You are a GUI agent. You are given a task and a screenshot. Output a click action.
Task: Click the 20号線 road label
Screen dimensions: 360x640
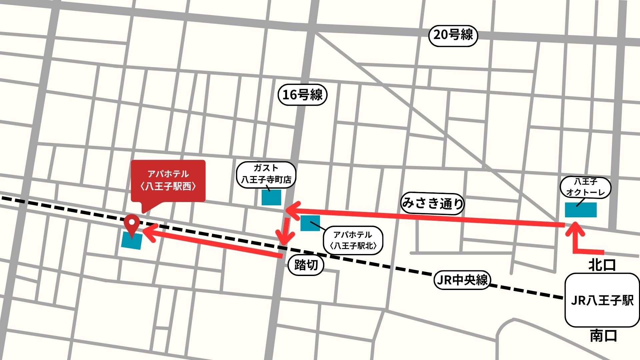453,35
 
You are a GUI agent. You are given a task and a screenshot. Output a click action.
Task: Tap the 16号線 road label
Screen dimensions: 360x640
302,95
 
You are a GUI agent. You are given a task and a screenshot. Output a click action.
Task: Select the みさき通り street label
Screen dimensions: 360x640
433,203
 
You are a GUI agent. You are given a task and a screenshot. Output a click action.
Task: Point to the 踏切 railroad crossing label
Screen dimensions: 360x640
306,265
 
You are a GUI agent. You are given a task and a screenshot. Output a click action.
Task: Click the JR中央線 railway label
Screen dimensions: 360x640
462,280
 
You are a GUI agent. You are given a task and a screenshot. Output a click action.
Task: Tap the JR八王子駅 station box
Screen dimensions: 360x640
602,300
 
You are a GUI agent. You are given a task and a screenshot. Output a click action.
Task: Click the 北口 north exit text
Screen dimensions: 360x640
602,265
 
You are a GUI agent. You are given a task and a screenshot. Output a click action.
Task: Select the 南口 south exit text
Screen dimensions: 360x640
603,336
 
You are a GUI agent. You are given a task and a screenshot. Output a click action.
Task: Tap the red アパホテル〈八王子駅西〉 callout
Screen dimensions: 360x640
168,180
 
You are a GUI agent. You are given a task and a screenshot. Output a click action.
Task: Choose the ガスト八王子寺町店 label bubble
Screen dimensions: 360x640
266,174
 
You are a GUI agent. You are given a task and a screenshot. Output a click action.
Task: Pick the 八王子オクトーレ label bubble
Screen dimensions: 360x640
585,187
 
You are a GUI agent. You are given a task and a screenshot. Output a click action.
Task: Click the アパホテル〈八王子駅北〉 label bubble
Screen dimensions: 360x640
353,240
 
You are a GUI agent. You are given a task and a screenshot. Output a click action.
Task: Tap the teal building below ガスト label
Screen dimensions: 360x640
271,197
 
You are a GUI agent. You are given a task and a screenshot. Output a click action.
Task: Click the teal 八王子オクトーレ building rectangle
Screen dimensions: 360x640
581,210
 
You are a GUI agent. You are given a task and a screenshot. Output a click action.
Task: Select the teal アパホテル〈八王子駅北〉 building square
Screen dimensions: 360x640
310,223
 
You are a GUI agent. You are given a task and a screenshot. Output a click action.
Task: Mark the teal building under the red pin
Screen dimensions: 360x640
132,241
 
